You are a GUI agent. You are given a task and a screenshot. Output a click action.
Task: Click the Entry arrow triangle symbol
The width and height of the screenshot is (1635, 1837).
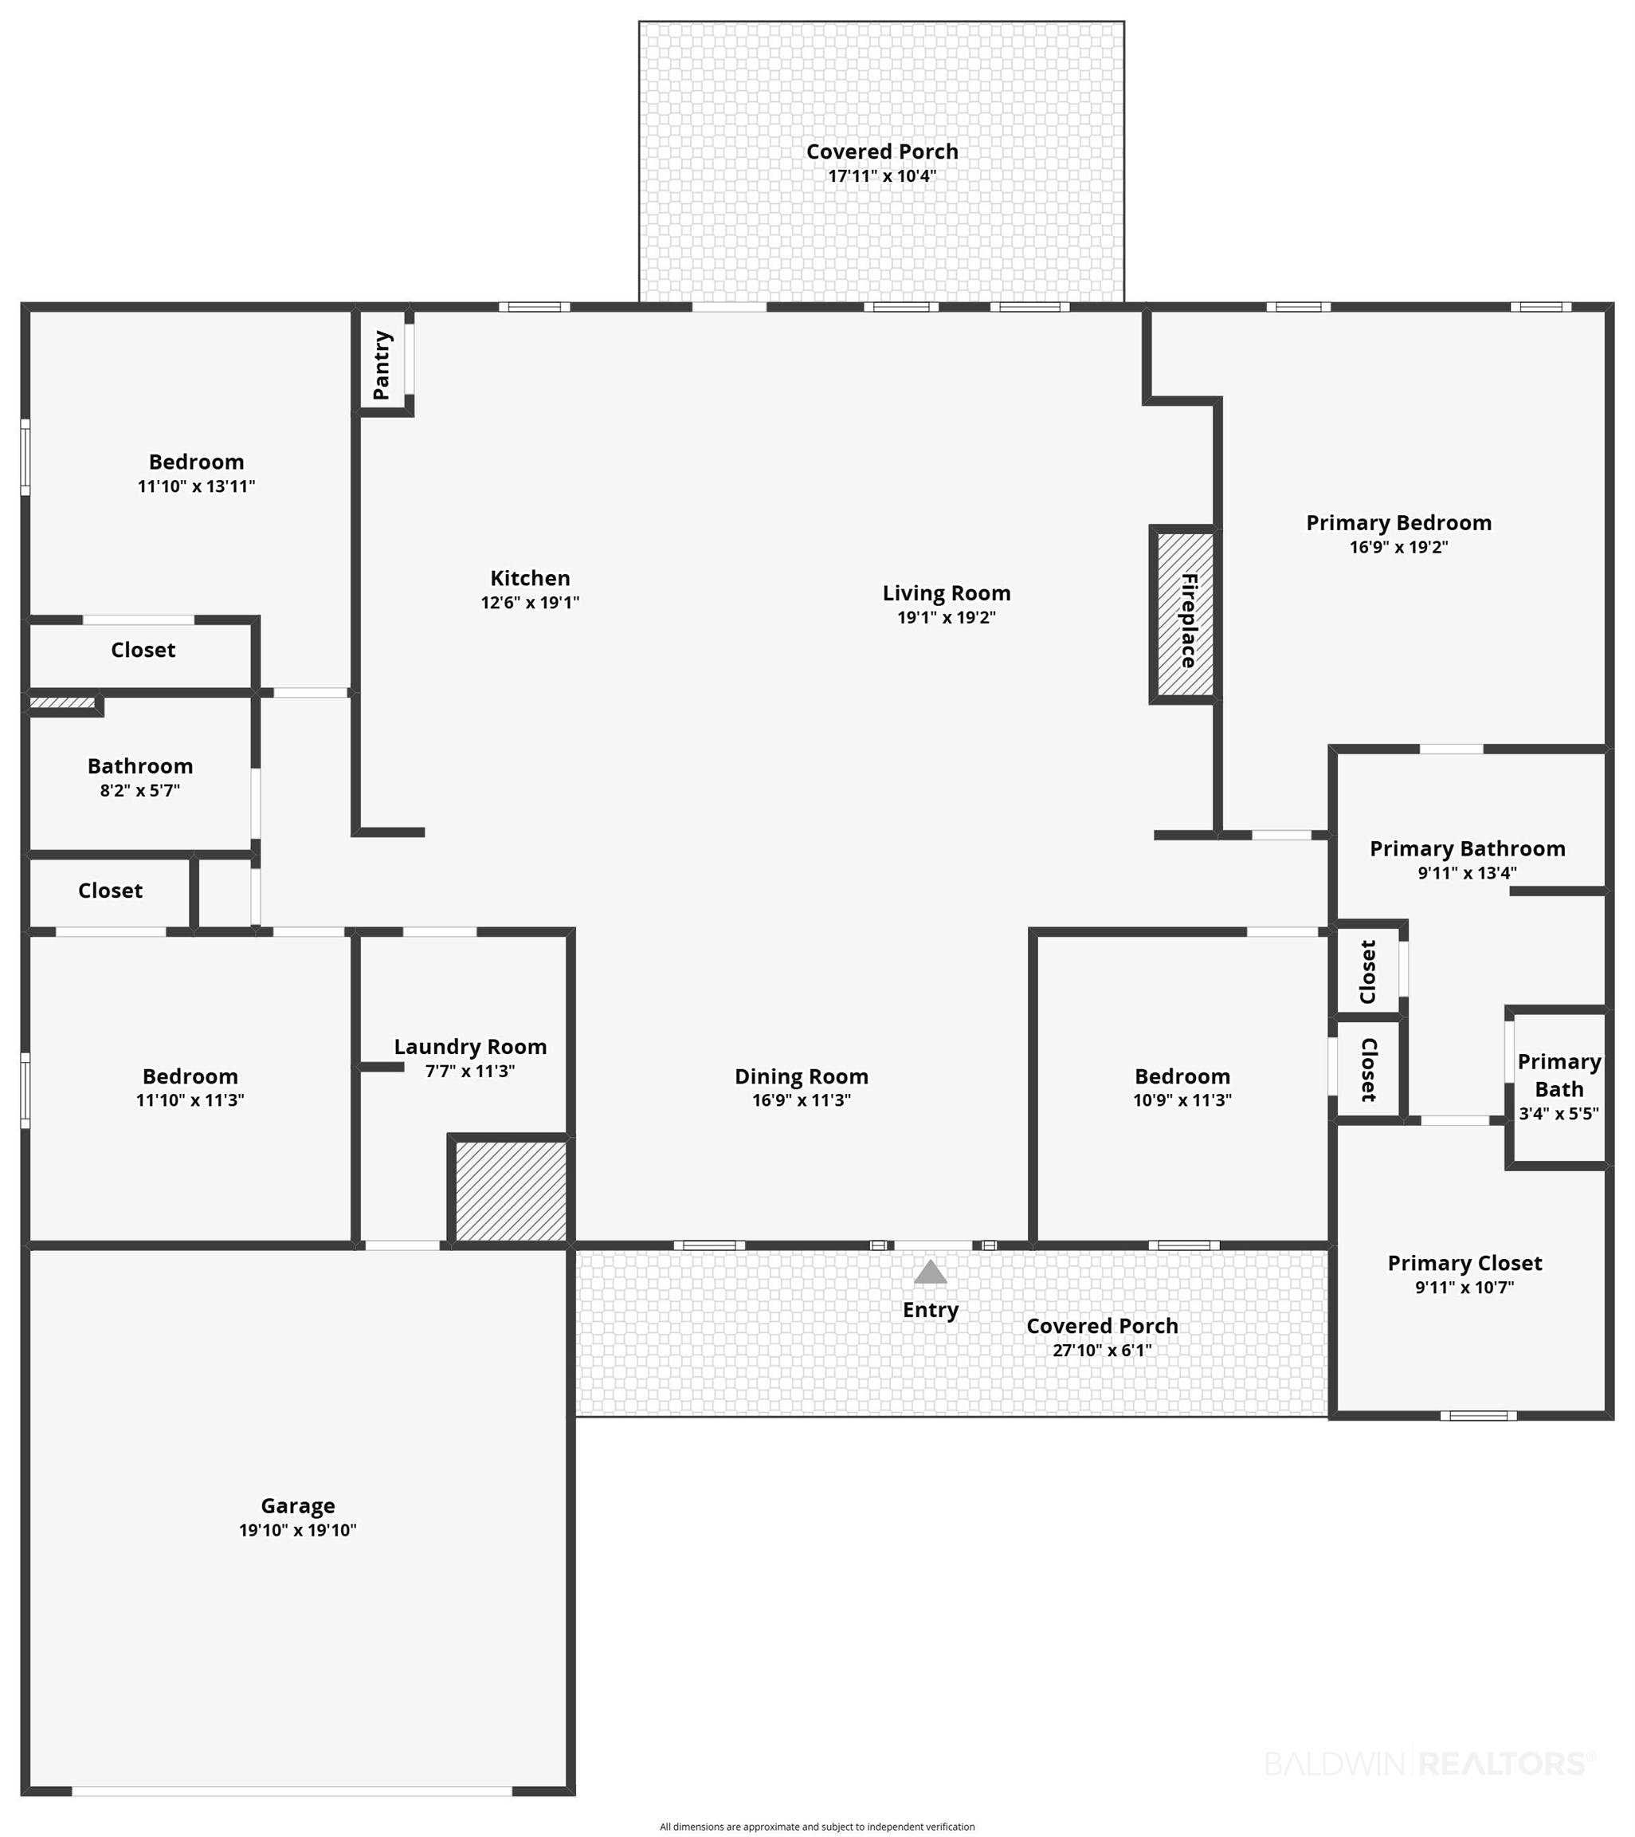tap(930, 1272)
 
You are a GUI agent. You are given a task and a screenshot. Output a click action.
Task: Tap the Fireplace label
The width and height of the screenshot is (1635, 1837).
tap(1189, 620)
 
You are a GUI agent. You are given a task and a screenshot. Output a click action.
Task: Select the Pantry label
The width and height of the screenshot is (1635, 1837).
tap(382, 365)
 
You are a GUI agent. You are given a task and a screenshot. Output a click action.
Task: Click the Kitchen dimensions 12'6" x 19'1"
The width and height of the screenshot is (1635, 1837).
tap(530, 603)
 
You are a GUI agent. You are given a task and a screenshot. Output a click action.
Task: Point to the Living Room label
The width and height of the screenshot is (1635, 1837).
tap(946, 593)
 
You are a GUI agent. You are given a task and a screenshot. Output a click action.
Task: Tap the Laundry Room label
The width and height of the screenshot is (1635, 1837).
tap(470, 1047)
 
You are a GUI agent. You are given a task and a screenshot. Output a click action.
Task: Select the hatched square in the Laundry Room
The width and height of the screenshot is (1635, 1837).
tap(510, 1192)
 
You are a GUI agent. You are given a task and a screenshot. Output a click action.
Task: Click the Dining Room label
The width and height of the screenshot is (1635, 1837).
tap(802, 1076)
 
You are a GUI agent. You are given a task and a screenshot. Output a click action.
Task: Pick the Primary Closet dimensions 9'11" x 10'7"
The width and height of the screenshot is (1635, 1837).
tap(1464, 1287)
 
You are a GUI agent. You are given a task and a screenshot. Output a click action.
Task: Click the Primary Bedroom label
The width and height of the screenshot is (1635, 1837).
tap(1398, 523)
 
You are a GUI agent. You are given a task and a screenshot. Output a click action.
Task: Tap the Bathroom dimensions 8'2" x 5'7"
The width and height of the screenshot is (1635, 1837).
tap(140, 791)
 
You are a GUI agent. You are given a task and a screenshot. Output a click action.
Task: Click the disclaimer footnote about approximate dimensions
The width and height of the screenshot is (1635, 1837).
tap(817, 1826)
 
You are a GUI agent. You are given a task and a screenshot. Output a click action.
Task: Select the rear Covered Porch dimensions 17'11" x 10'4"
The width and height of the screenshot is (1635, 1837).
tap(881, 176)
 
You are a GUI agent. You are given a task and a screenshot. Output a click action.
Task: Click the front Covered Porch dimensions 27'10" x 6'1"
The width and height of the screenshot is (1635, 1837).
tap(1101, 1350)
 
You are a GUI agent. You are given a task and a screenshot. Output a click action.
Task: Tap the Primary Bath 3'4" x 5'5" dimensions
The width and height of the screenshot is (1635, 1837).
tap(1559, 1115)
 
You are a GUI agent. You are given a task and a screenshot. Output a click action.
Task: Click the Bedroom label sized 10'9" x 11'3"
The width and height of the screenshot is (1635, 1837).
tap(1182, 1076)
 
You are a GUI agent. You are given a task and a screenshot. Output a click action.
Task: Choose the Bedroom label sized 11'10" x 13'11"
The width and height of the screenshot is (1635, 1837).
tap(196, 462)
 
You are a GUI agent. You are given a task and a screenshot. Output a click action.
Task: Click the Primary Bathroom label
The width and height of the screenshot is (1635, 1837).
tap(1467, 849)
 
